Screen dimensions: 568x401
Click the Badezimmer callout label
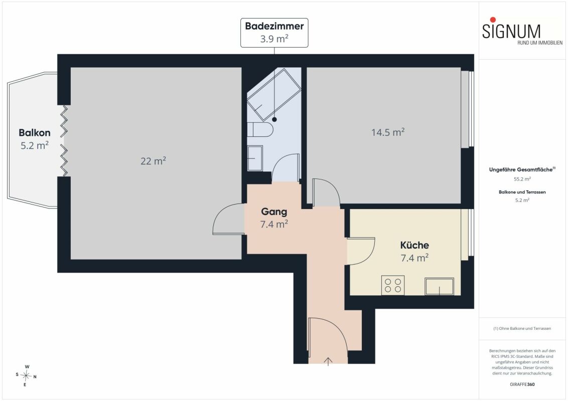pyautogui.click(x=274, y=33)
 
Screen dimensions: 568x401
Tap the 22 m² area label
pyautogui.click(x=153, y=161)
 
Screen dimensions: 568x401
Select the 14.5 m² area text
pyautogui.click(x=387, y=132)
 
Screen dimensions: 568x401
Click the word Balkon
pyautogui.click(x=35, y=132)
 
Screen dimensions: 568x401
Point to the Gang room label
pyautogui.click(x=274, y=212)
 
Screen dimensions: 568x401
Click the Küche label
pyautogui.click(x=414, y=245)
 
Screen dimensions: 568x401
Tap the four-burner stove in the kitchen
pyautogui.click(x=393, y=285)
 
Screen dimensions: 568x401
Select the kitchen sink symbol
pyautogui.click(x=439, y=286)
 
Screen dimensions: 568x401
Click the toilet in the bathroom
pyautogui.click(x=260, y=129)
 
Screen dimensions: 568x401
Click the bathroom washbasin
pyautogui.click(x=255, y=158)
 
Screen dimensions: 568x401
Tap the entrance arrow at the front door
pyautogui.click(x=328, y=361)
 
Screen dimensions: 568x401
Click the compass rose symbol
pyautogui.click(x=26, y=375)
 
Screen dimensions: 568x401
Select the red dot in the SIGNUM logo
pyautogui.click(x=493, y=20)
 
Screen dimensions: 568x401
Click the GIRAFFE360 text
pyautogui.click(x=522, y=384)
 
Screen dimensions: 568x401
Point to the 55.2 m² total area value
pyautogui.click(x=522, y=179)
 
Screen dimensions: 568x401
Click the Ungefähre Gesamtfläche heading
pyautogui.click(x=522, y=169)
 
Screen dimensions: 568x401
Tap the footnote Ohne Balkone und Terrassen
pyautogui.click(x=522, y=329)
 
